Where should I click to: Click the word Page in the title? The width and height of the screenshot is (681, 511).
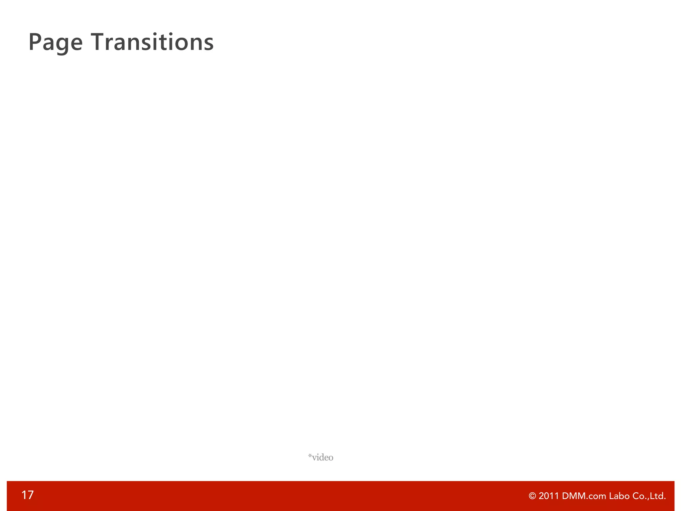56,43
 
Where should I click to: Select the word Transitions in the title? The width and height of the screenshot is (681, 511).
152,42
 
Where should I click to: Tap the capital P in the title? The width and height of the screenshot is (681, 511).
35,42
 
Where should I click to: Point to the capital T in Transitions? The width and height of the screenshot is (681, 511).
99,42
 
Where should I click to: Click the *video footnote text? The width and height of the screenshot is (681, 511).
321,457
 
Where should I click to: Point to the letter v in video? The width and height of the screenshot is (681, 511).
314,458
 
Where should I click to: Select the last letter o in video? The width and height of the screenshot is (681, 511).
331,458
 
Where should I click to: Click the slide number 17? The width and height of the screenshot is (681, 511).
27,495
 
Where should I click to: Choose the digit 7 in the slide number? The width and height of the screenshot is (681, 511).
30,495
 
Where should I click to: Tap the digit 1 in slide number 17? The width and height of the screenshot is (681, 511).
24,495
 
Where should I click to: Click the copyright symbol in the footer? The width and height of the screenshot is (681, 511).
532,496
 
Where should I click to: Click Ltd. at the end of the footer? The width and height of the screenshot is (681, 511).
657,496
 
